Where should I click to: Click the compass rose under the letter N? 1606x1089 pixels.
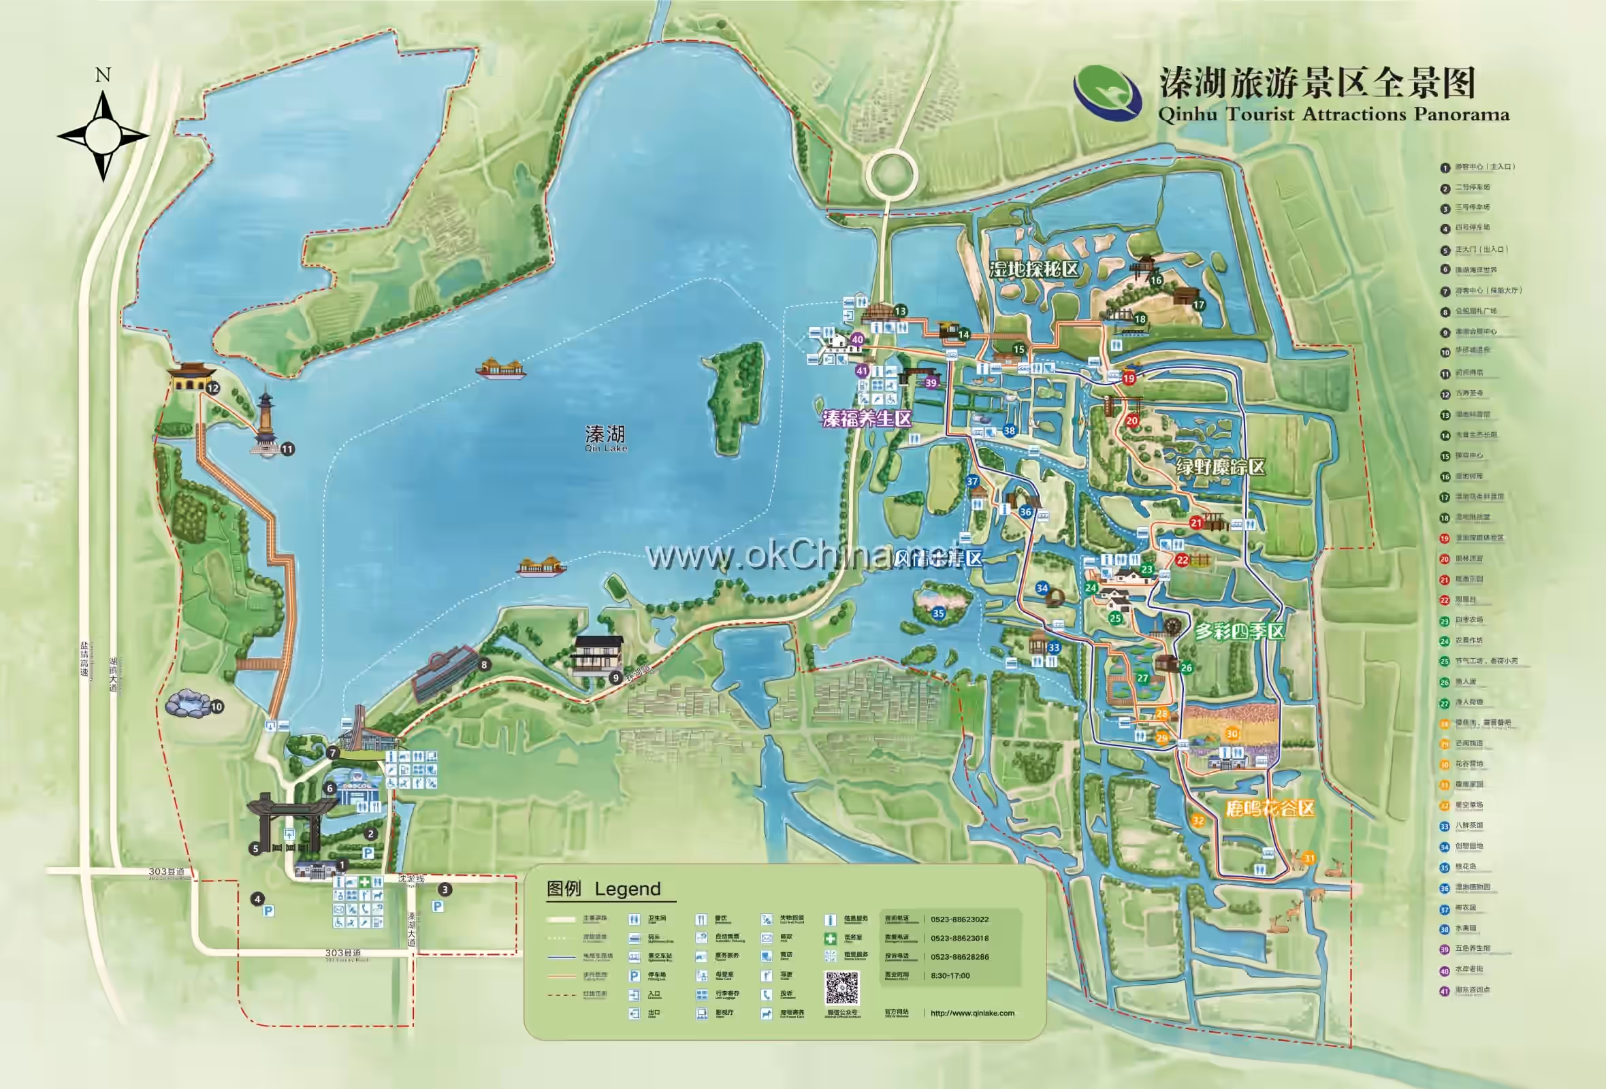click(x=103, y=135)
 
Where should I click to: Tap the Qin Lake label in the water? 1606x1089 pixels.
click(x=605, y=438)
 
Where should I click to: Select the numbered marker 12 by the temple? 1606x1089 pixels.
click(x=213, y=389)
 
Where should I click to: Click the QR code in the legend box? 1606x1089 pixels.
click(x=841, y=988)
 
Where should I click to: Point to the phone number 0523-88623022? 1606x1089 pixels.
click(x=959, y=920)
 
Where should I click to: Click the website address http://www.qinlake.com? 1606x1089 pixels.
click(x=971, y=1013)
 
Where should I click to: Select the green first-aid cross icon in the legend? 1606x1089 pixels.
click(x=830, y=939)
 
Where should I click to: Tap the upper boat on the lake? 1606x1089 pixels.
click(x=500, y=368)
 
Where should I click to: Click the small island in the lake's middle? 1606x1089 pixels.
click(x=737, y=399)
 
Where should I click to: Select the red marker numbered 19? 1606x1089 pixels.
click(x=1129, y=378)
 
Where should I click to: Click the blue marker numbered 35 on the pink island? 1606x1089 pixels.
click(x=937, y=613)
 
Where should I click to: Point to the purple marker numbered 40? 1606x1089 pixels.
click(x=857, y=339)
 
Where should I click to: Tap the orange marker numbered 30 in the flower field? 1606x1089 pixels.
click(x=1232, y=734)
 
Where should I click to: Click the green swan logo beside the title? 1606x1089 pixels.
click(x=1106, y=93)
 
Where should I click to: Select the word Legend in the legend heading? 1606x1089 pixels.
click(x=628, y=889)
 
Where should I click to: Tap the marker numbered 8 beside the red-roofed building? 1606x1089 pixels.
click(x=485, y=665)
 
